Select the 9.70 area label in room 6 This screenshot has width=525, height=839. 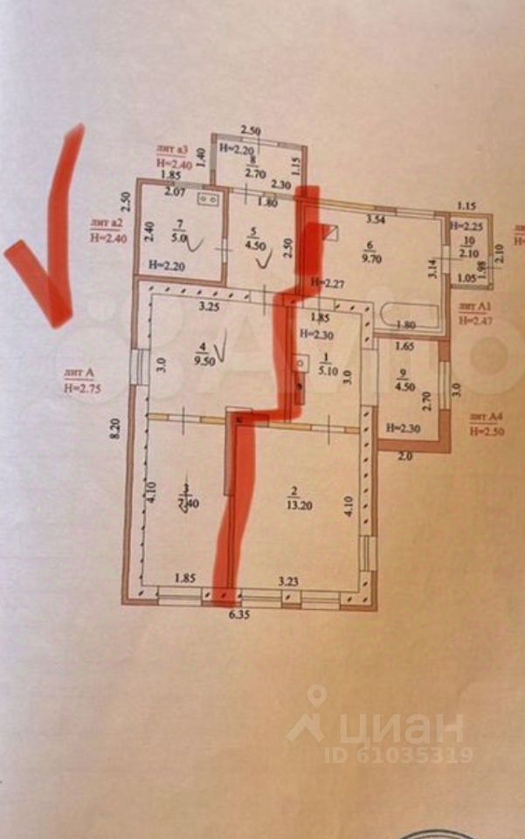[371, 260]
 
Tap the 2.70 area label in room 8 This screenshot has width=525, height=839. [254, 174]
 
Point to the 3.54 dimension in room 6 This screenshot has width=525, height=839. [375, 218]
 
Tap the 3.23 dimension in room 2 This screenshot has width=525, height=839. [289, 579]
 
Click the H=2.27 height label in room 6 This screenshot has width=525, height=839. [326, 281]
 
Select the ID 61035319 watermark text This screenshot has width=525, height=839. [398, 753]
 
